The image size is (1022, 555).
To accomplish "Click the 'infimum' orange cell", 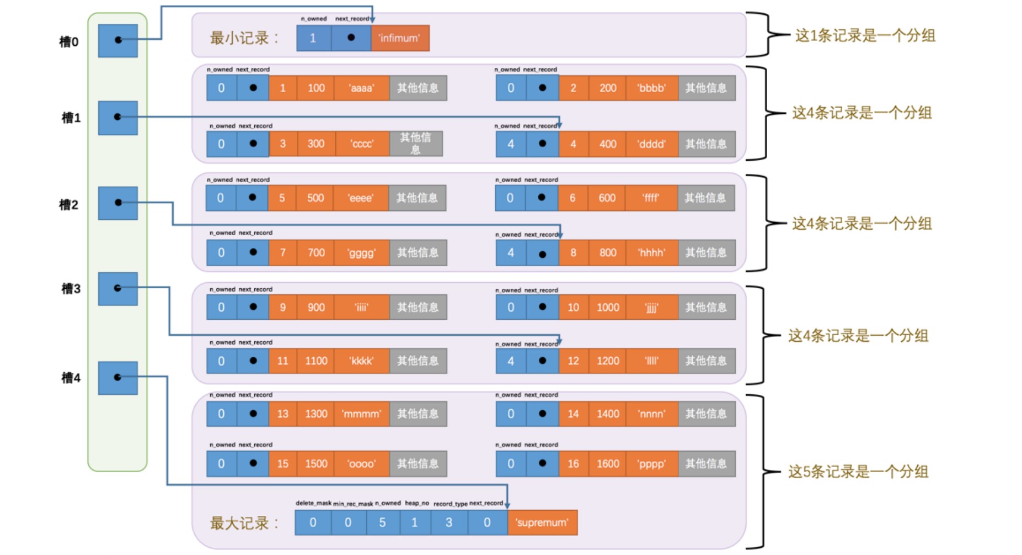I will pyautogui.click(x=399, y=38).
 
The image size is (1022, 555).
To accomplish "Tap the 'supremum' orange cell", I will pyautogui.click(x=542, y=522).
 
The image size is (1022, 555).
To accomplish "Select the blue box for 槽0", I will pyautogui.click(x=117, y=40).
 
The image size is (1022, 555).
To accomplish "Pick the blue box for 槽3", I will pyautogui.click(x=117, y=288).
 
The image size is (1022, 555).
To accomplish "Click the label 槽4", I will pyautogui.click(x=71, y=378).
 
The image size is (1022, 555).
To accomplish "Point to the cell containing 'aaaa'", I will pyautogui.click(x=361, y=88).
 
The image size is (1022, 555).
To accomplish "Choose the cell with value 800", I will pyautogui.click(x=607, y=252).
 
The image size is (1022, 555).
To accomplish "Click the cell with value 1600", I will pyautogui.click(x=607, y=463).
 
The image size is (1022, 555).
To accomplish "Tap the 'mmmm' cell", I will pyautogui.click(x=361, y=414).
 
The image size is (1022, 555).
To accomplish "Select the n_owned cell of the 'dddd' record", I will pyautogui.click(x=510, y=144).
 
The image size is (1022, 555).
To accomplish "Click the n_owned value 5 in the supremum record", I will pyautogui.click(x=382, y=522).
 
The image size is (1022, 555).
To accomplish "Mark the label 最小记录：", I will pyautogui.click(x=244, y=38).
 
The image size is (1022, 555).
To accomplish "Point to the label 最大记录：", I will pyautogui.click(x=244, y=523).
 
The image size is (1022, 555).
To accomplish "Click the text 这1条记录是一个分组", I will pyautogui.click(x=864, y=36).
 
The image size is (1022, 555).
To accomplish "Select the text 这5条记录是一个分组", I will pyautogui.click(x=858, y=472).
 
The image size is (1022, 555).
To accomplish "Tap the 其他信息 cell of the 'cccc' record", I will pyautogui.click(x=415, y=144).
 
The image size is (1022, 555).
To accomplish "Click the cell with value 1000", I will pyautogui.click(x=607, y=307).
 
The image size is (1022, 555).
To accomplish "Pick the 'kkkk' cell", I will pyautogui.click(x=361, y=361).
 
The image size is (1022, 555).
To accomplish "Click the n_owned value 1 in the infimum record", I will pyautogui.click(x=313, y=38).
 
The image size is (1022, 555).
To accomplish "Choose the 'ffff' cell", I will pyautogui.click(x=650, y=198).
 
